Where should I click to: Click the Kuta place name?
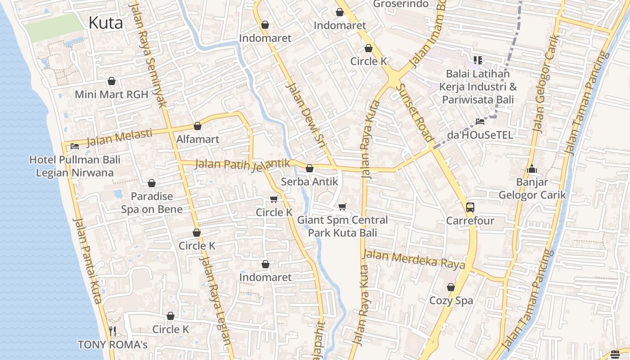point(106,22)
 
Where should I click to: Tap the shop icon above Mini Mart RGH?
point(112,81)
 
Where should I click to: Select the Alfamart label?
point(198,139)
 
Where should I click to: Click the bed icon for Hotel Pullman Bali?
point(75,146)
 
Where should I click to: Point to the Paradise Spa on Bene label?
point(152,203)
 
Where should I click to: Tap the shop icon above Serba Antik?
point(310,169)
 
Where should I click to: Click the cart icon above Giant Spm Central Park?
point(342,207)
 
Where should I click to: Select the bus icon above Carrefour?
point(470,207)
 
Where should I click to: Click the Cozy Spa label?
point(451,301)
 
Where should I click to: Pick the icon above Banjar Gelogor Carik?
point(532,169)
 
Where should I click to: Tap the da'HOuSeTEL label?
point(480,135)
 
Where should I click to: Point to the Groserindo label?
point(400,4)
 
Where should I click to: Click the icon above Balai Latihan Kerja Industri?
point(478,60)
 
